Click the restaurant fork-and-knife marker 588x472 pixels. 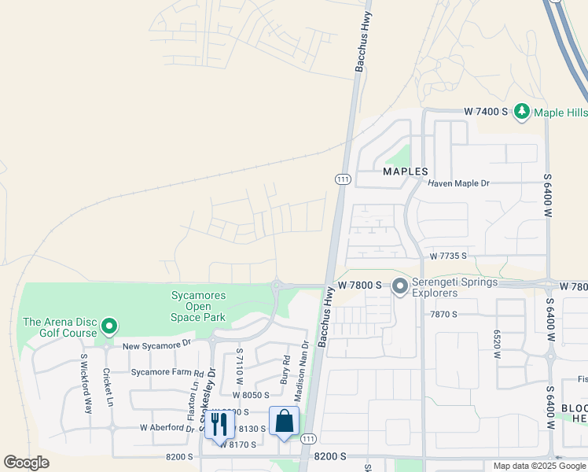219,423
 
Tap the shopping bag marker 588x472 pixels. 284,421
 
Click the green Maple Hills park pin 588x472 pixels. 521,112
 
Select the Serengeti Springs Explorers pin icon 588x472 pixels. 400,286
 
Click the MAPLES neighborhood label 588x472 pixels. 405,171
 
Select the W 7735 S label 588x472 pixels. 448,256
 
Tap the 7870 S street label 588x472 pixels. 443,314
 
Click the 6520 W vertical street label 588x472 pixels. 496,344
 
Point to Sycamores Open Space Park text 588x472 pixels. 199,307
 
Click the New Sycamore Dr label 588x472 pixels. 156,344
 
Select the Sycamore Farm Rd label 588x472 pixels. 167,372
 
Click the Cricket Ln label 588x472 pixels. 107,387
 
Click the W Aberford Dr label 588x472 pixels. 167,428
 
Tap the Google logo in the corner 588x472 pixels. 26,463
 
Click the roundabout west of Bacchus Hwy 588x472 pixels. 277,286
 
